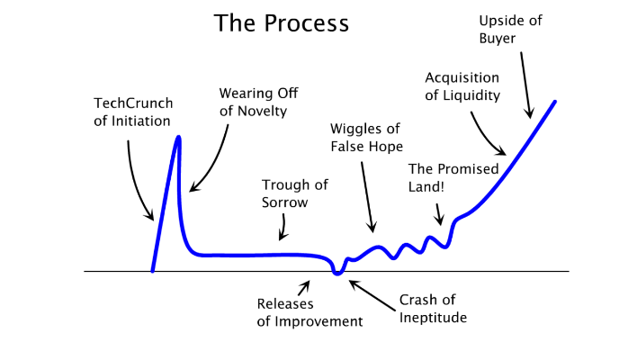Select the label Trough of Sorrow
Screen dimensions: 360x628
pyautogui.click(x=295, y=193)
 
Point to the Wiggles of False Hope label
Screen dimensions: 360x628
pyautogui.click(x=365, y=137)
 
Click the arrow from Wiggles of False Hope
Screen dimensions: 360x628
pyautogui.click(x=369, y=198)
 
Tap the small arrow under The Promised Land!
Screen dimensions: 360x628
pyautogui.click(x=439, y=213)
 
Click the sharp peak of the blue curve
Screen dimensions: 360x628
pyautogui.click(x=179, y=137)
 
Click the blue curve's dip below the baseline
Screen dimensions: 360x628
pyautogui.click(x=337, y=273)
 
